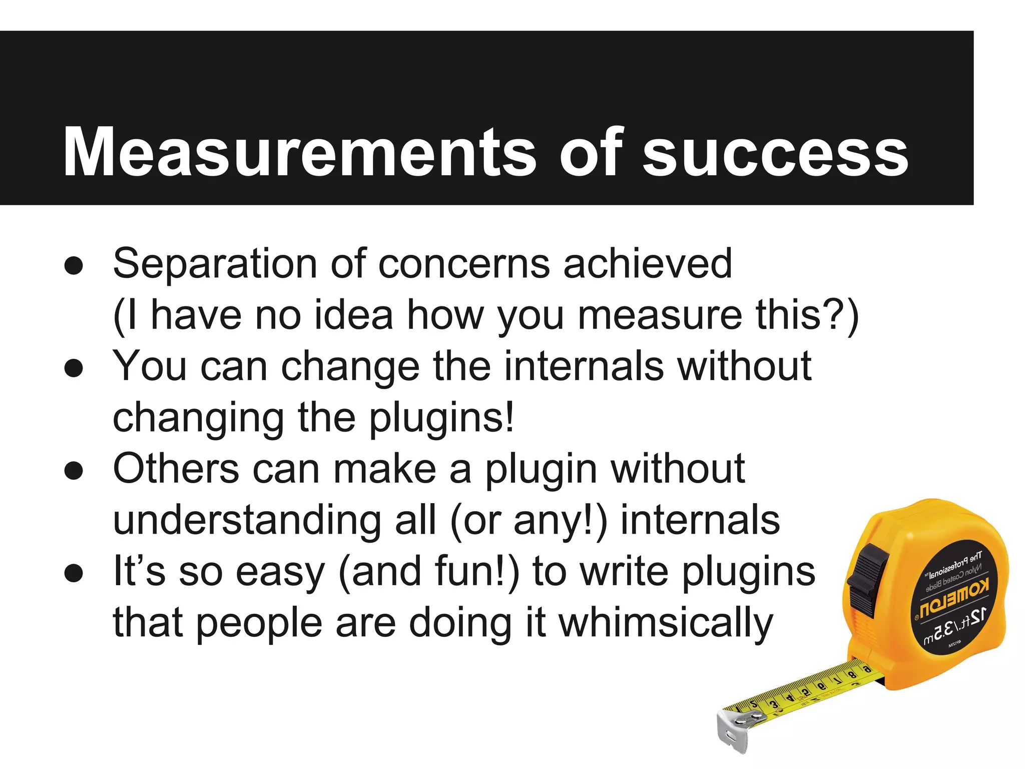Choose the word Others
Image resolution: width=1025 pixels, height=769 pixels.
(x=176, y=469)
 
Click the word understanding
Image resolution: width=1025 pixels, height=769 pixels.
(x=247, y=521)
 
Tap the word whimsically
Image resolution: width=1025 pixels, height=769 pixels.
(x=666, y=625)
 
